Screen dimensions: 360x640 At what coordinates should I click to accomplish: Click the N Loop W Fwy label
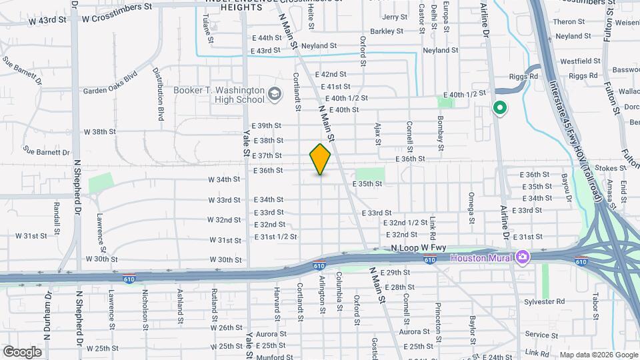tap(418, 248)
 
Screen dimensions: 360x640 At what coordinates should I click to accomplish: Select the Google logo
tap(22, 351)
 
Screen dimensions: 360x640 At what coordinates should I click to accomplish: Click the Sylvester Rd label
tap(544, 301)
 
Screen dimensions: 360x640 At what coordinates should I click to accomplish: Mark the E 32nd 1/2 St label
tap(405, 223)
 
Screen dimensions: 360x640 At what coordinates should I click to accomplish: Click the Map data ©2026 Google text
tap(598, 355)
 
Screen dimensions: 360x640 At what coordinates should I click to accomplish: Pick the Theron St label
tap(569, 22)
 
